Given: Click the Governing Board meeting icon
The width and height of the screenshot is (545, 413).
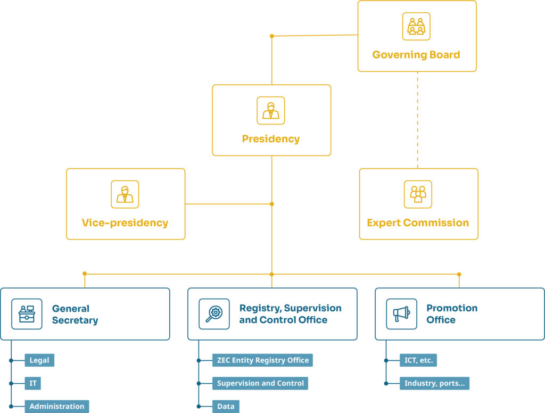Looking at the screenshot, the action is [416, 27].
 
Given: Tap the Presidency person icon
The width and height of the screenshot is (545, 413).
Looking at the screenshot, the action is [271, 111].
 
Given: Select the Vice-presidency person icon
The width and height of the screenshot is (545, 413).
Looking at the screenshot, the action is [125, 194].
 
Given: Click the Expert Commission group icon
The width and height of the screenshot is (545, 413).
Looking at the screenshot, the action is [418, 194].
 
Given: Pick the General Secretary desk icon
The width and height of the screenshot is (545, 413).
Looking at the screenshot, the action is [27, 314].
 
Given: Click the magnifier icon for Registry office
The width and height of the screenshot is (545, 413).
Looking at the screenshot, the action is [214, 314].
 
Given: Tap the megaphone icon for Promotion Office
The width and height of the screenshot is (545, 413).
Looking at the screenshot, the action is [401, 314].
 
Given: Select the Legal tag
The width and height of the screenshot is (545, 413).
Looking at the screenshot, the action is [39, 360].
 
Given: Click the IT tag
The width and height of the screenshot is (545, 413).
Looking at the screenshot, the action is [32, 383].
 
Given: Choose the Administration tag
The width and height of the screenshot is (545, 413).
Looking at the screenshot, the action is [56, 407].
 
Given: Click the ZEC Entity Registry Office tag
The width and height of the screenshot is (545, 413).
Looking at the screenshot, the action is [262, 360].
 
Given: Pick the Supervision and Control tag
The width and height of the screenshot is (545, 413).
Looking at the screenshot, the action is [260, 383].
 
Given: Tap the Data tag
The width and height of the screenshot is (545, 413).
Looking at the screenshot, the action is [226, 407].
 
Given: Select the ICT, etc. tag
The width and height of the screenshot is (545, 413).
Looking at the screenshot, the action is [418, 360].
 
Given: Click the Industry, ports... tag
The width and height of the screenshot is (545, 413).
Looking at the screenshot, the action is [434, 383].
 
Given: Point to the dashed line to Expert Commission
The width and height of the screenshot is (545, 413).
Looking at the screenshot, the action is [417, 120].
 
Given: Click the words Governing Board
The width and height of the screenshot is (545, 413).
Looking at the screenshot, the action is [416, 55].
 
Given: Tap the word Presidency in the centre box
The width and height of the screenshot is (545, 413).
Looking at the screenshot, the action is [271, 139].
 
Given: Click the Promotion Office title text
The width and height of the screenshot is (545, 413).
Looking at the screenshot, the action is [452, 314].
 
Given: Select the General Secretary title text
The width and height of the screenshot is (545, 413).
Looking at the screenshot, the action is [75, 314].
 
